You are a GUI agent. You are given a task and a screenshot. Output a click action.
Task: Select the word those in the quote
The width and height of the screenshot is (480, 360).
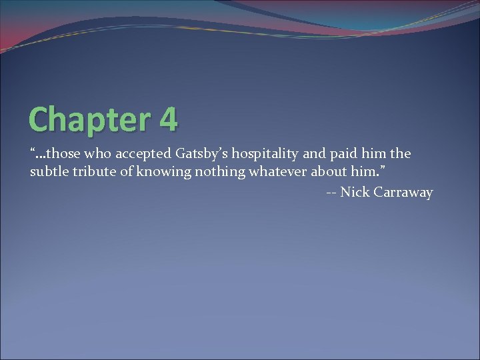click(x=64, y=154)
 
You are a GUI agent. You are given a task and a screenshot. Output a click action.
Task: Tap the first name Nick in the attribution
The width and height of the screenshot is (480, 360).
click(x=352, y=193)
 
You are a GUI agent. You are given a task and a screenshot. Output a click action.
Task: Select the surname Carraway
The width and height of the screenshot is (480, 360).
click(x=403, y=193)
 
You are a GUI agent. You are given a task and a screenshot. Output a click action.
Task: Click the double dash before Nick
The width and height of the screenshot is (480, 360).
click(x=331, y=193)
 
